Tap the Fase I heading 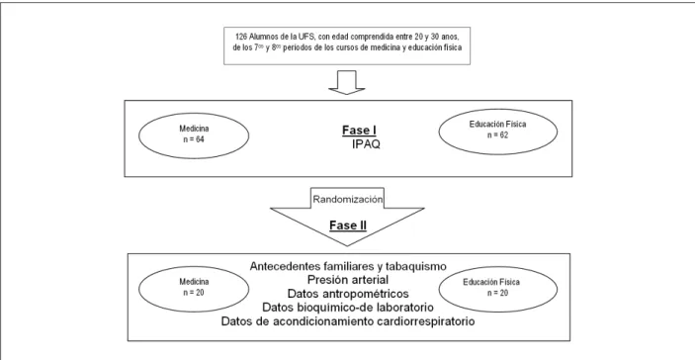pyautogui.click(x=359, y=131)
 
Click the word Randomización pyautogui.click(x=348, y=199)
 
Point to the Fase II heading pyautogui.click(x=348, y=225)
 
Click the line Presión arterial pyautogui.click(x=348, y=280)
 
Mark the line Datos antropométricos pyautogui.click(x=348, y=294)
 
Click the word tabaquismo pyautogui.click(x=413, y=266)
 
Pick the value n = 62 pyautogui.click(x=497, y=135)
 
